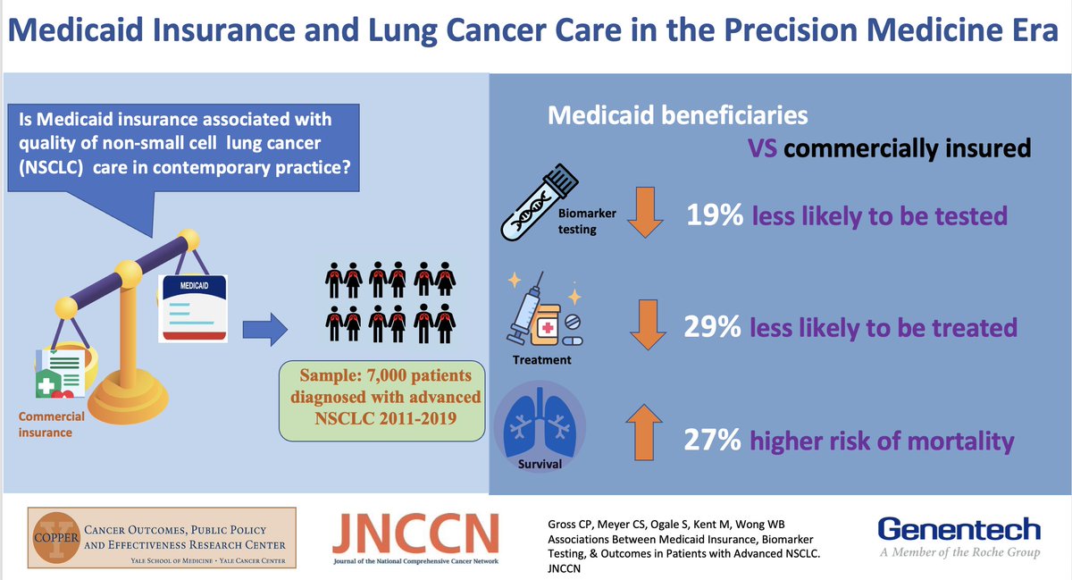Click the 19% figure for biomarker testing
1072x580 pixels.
tap(714, 215)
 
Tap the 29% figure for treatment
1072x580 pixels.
tap(711, 327)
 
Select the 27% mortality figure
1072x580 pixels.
tap(712, 441)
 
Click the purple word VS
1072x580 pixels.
tap(762, 147)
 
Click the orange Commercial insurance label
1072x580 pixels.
tap(51, 424)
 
